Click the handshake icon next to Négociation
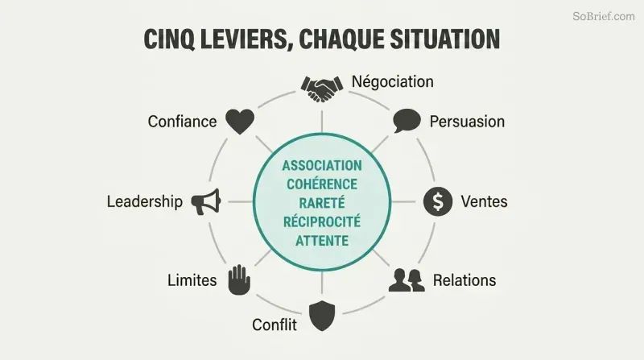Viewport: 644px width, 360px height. coord(321,89)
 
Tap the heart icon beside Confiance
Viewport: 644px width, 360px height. coord(240,122)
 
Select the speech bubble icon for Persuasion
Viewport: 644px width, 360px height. coord(407,121)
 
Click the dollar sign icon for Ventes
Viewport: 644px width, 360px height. coord(438,201)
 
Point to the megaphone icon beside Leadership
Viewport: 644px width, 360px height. coord(206,201)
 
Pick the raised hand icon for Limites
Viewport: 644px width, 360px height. coord(239,279)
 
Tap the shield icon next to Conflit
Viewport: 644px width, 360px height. coord(322,316)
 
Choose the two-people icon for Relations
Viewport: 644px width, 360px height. coord(407,280)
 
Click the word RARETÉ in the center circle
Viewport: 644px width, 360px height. coord(322,203)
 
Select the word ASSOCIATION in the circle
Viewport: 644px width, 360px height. coord(322,166)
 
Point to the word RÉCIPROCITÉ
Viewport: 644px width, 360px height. coord(322,221)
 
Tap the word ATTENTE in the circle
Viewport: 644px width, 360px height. coord(322,241)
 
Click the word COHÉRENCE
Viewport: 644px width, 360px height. coord(322,184)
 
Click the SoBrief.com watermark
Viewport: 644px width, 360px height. coord(603,16)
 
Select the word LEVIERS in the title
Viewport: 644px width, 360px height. coord(244,39)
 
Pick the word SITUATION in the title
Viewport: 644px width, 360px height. coord(445,39)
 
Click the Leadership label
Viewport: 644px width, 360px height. coord(145,202)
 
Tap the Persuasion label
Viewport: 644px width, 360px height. coord(467,122)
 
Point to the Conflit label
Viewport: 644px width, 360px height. coord(275,325)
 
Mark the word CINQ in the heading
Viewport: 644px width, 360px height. coord(169,39)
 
